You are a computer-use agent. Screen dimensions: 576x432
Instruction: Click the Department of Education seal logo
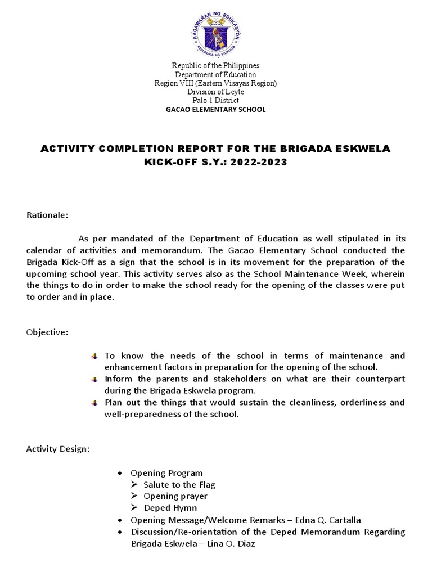(x=216, y=29)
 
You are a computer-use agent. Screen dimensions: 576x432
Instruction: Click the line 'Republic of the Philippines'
(x=215, y=66)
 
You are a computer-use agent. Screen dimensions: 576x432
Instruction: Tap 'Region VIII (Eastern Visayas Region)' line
(x=215, y=83)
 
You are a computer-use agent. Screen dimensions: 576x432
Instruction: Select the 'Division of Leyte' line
(x=215, y=92)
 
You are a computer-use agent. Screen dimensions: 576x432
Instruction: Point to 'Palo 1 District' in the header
(x=215, y=100)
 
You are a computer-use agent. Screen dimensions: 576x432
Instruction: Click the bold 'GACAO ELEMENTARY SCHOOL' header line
(x=215, y=109)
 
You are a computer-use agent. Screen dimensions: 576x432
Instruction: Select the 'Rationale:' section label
(x=48, y=215)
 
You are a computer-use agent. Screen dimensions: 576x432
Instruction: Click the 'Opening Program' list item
(x=166, y=473)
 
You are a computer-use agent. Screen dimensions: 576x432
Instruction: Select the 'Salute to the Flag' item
(x=179, y=484)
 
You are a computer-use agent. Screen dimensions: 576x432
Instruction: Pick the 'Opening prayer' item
(x=175, y=496)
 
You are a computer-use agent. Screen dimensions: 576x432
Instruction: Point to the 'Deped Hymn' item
(x=170, y=508)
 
